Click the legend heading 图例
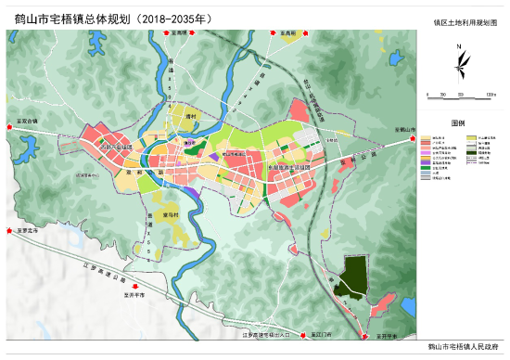click(x=458, y=122)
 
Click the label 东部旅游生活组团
click(x=289, y=168)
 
